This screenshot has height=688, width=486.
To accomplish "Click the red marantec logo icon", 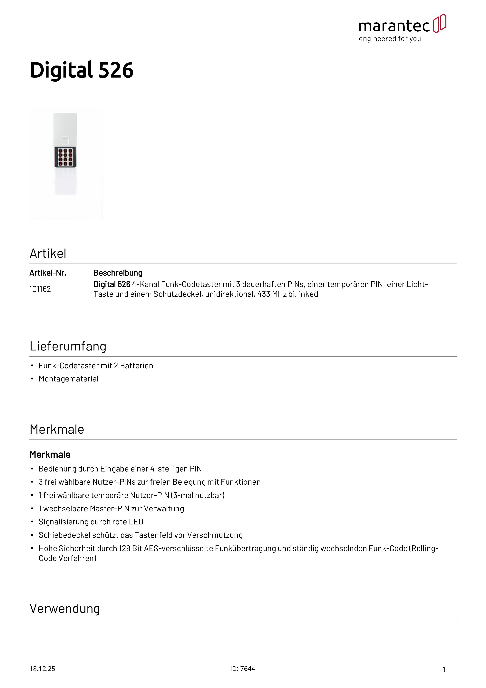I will pos(440,23).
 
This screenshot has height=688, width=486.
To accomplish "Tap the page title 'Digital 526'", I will pos(82,70).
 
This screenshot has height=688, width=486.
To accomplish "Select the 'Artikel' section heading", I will pos(48,254).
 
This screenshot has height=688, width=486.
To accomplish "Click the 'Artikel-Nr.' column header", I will pos(48,273).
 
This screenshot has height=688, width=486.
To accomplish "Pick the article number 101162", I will pos(40,289).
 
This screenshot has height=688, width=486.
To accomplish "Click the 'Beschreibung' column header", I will pos(118,273).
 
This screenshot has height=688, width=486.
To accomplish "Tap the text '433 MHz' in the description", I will pos(272,294).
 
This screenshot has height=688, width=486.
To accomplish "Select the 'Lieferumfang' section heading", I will pos(68,346).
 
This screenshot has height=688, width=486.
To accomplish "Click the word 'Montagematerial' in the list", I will pos(69,379).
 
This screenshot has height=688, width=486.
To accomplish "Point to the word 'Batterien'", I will pos(137,366).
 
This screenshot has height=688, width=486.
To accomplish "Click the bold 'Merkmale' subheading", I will pos(50,455).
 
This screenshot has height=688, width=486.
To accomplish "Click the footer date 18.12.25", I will pos(42,669).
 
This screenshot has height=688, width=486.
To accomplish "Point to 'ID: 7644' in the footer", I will pos(243,669).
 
